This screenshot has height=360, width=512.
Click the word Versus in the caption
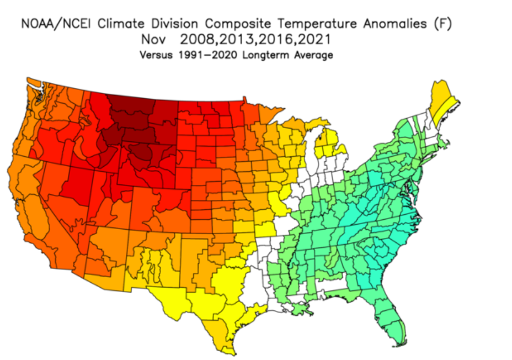(x=156, y=55)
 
